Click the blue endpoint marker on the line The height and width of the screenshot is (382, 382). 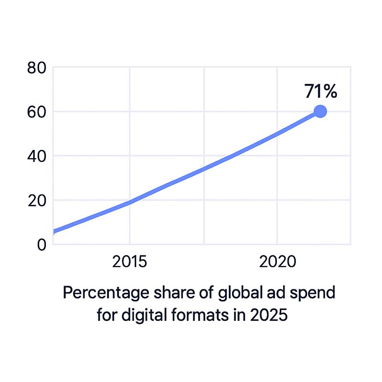(x=320, y=111)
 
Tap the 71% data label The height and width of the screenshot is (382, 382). (x=321, y=91)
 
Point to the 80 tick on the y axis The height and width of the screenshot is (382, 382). (x=37, y=68)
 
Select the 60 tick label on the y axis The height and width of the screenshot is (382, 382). (x=37, y=112)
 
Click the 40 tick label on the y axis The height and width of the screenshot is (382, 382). (x=37, y=156)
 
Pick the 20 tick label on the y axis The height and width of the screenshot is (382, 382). (x=37, y=201)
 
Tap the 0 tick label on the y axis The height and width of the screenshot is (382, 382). (x=42, y=244)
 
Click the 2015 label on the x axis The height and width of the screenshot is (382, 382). (x=129, y=262)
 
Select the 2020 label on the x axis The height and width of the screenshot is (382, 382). (x=277, y=262)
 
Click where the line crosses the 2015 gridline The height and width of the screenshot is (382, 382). (x=129, y=202)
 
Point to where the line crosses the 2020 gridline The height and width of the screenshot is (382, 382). (x=277, y=134)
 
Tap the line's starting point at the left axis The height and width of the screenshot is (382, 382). (x=54, y=232)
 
